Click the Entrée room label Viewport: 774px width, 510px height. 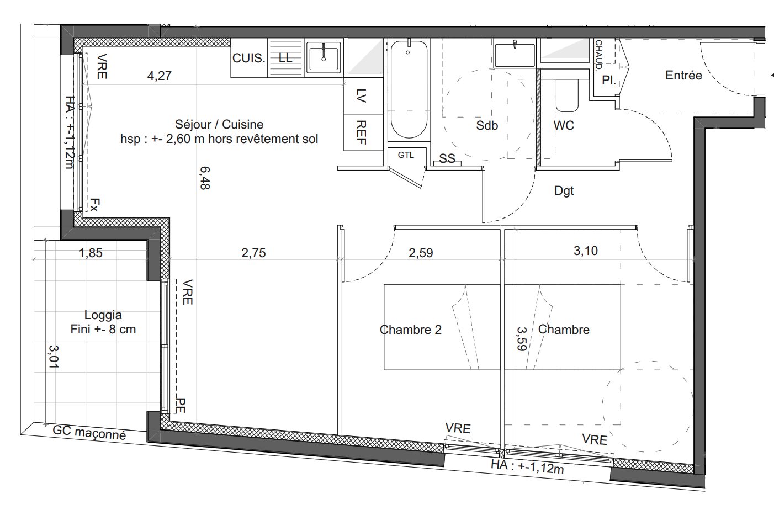(683, 75)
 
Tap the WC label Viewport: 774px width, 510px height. (564, 125)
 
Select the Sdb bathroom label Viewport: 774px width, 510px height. (487, 125)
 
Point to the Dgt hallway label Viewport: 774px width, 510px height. (564, 191)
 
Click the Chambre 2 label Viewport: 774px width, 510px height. (411, 330)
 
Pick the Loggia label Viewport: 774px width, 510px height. (103, 315)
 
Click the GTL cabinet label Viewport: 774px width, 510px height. (406, 155)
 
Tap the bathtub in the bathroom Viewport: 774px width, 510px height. (409, 90)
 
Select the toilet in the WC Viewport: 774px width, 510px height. (567, 95)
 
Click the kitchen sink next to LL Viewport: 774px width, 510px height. (324, 58)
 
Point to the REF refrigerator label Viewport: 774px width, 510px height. (361, 132)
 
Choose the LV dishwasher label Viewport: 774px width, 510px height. (361, 95)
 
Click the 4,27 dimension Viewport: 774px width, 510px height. (160, 76)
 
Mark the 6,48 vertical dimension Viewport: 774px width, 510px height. (205, 178)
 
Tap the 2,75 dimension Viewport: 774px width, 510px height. (253, 253)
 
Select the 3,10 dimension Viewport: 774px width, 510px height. (586, 251)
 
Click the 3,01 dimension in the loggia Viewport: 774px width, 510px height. (54, 357)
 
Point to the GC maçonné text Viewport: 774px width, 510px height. (89, 433)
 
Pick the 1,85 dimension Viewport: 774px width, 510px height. (91, 253)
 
